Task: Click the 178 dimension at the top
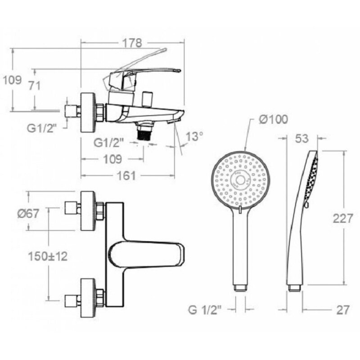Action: pyautogui.click(x=132, y=43)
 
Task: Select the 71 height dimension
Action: pyautogui.click(x=34, y=85)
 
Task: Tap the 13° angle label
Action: pyautogui.click(x=194, y=136)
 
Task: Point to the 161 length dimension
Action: pyautogui.click(x=126, y=175)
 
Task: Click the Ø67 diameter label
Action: pyautogui.click(x=28, y=214)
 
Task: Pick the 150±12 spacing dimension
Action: pyautogui.click(x=48, y=256)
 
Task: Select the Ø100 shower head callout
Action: pyautogui.click(x=274, y=120)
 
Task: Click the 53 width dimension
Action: pyautogui.click(x=301, y=139)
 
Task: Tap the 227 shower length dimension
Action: pyautogui.click(x=343, y=218)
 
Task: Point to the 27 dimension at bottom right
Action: pyautogui.click(x=343, y=310)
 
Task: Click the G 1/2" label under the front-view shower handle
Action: pyautogui.click(x=205, y=310)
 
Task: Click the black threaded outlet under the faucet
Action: pyautogui.click(x=144, y=133)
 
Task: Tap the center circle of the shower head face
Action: pyautogui.click(x=240, y=180)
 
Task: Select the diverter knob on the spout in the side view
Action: pyautogui.click(x=147, y=99)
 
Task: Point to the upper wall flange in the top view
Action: pyautogui.click(x=88, y=211)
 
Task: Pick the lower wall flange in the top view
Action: pyautogui.click(x=88, y=298)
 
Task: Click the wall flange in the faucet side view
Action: pyautogui.click(x=88, y=112)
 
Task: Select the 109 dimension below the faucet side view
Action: pyautogui.click(x=112, y=159)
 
